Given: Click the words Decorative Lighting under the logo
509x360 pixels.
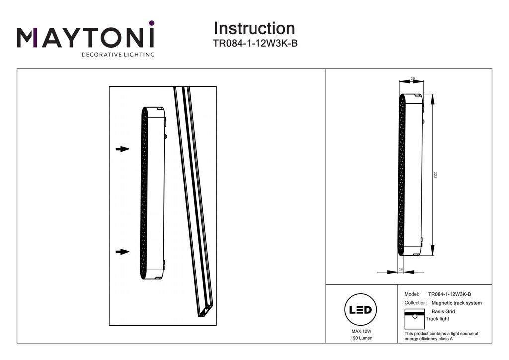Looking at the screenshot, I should (117, 54).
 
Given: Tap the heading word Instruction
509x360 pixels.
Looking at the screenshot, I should (254, 28).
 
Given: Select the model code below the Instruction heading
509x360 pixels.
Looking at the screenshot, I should (255, 43).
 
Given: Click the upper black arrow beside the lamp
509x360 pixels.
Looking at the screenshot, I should (122, 149).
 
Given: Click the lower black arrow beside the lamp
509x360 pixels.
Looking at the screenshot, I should (122, 252).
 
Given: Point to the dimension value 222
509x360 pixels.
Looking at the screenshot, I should (435, 175).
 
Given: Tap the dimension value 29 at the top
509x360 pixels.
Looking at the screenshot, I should (413, 79).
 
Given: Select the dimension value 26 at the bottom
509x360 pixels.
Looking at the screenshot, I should (401, 269).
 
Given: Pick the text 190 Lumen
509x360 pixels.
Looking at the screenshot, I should (361, 338).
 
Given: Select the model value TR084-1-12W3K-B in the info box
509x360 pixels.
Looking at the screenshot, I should (449, 294).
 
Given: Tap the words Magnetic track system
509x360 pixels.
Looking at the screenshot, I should (456, 303).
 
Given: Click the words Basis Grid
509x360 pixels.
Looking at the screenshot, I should (443, 312).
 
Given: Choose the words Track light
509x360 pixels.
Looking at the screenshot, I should (437, 319).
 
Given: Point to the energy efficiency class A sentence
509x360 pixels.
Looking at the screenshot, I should (441, 336).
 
